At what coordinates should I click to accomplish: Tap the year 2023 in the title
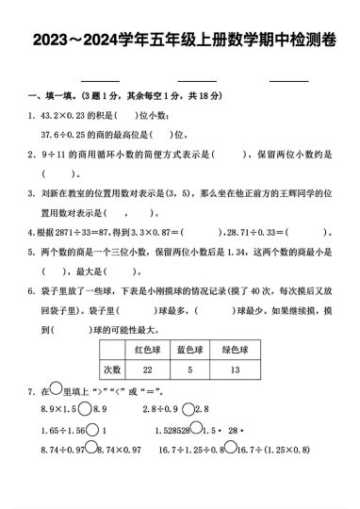[x=53, y=42]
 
